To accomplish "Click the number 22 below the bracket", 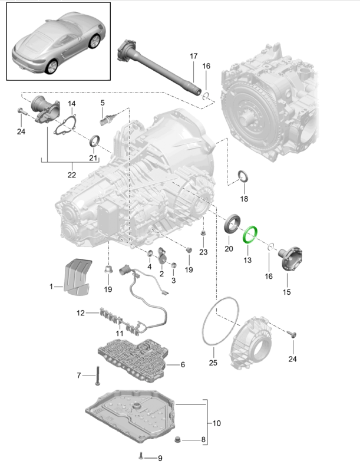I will [x=71, y=175].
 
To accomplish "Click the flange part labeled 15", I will [x=291, y=259].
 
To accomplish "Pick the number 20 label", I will [x=228, y=249].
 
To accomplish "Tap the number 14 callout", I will [x=72, y=104].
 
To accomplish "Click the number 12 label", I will [x=81, y=312].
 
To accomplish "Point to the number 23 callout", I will [x=204, y=252].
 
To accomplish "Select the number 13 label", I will [x=246, y=259].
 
